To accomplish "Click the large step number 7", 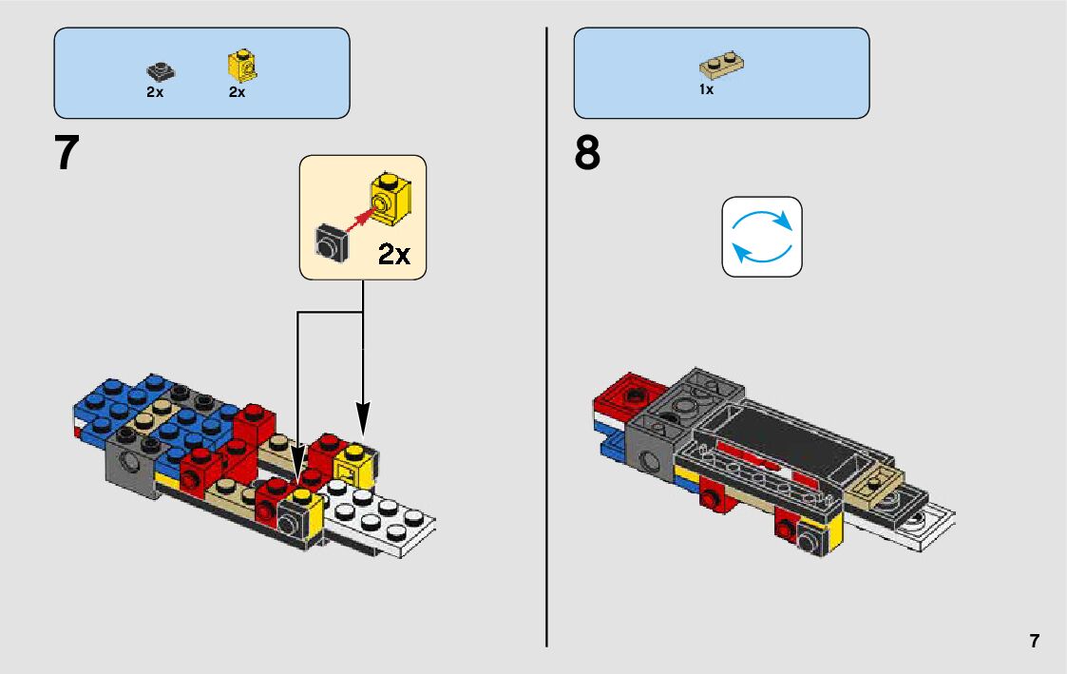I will point(66,154).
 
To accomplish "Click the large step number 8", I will point(587,154).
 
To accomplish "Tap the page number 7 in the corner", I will point(1034,641).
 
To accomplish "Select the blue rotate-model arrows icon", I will point(762,237).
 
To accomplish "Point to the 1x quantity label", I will point(706,90).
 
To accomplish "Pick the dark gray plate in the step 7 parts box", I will point(160,70).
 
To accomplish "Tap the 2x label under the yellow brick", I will point(237,92).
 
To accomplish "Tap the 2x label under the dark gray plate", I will point(155,92).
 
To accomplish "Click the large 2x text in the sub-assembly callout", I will point(393,254).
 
